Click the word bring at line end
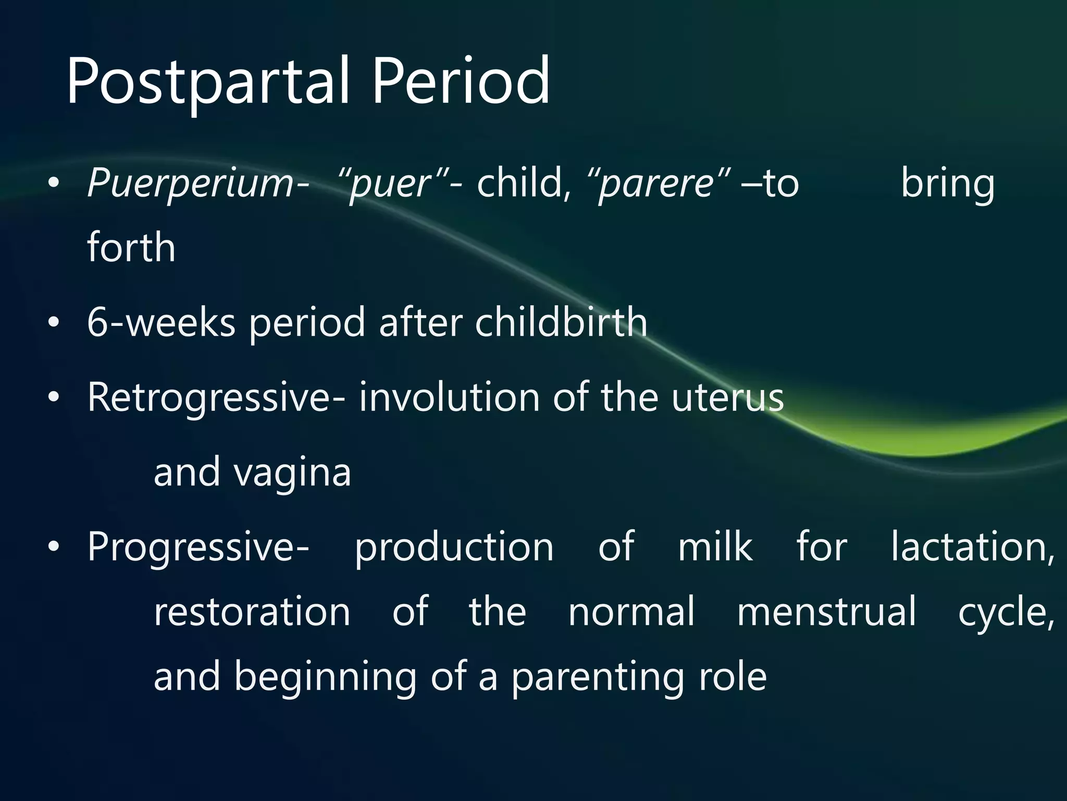click(948, 184)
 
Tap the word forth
click(131, 247)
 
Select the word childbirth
click(561, 322)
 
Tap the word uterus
click(727, 397)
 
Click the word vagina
click(292, 472)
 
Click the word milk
click(715, 547)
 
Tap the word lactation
click(972, 547)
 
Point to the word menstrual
click(826, 611)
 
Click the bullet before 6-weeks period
click(53, 323)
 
